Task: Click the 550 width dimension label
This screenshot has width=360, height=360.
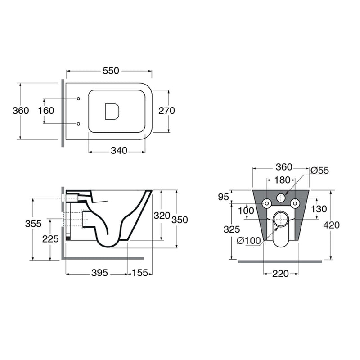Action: point(111,71)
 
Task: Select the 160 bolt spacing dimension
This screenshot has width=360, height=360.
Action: point(46,111)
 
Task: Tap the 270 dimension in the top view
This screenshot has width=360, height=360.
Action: point(167,111)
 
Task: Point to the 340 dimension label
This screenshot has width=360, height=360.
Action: point(119,151)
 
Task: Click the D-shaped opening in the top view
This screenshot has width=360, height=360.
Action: point(112,112)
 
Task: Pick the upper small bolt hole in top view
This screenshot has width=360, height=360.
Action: point(78,99)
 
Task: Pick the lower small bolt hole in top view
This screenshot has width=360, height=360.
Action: point(78,124)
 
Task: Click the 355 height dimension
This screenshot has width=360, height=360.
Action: point(33,224)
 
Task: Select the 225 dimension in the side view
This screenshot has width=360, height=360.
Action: point(50,239)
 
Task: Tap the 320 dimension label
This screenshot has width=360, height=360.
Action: point(162,216)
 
